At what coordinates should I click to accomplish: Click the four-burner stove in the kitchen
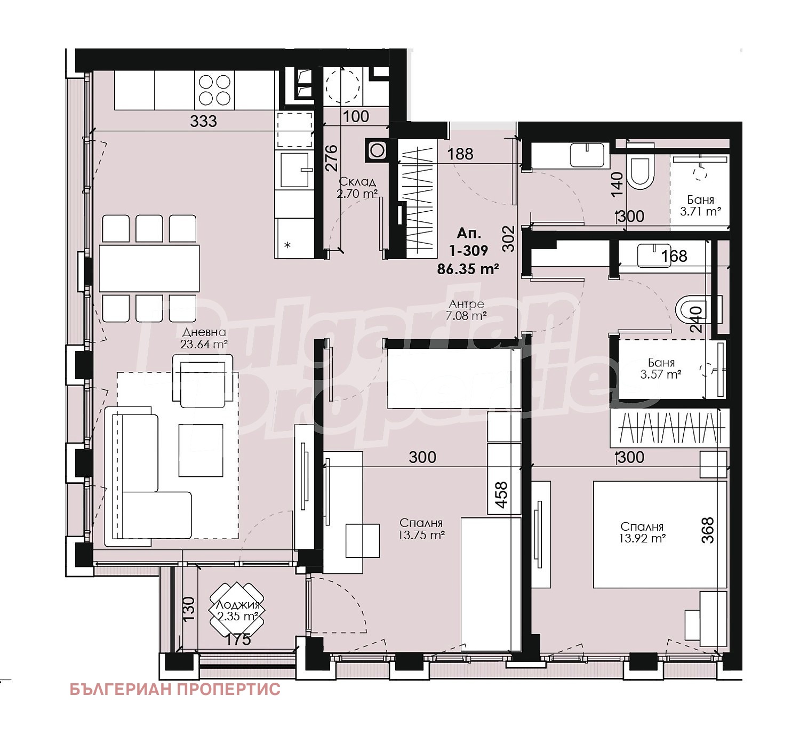pos(214,90)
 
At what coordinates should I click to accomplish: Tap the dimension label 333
pos(204,121)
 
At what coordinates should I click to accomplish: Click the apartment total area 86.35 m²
pos(468,269)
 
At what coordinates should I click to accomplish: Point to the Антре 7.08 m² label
pos(466,310)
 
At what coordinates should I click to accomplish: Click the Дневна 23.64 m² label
pos(204,338)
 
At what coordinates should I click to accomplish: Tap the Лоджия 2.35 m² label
pos(237,611)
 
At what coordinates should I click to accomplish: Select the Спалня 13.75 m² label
pos(421,529)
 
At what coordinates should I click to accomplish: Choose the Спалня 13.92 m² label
pos(642,532)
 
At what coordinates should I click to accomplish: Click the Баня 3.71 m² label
pos(700,206)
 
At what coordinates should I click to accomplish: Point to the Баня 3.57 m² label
pos(661,369)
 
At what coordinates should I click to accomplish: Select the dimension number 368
pos(708,530)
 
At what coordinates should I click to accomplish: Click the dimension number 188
pos(460,154)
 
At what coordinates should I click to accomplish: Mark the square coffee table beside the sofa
pos(201,450)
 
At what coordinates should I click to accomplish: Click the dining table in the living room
pos(149,268)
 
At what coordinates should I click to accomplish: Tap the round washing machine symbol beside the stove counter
pos(342,85)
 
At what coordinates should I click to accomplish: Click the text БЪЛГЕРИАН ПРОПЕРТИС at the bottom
pos(175,689)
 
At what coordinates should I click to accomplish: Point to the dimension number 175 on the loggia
pos(237,639)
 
